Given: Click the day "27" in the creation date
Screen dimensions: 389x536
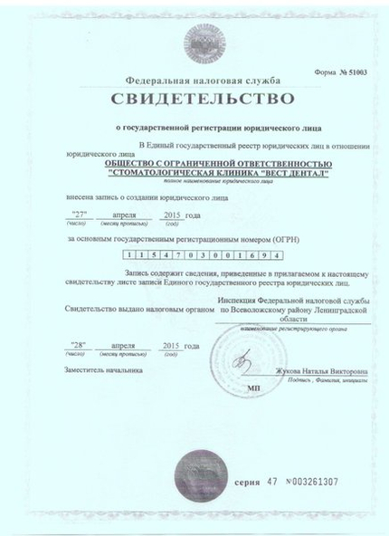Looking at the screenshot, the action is coord(82,215).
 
